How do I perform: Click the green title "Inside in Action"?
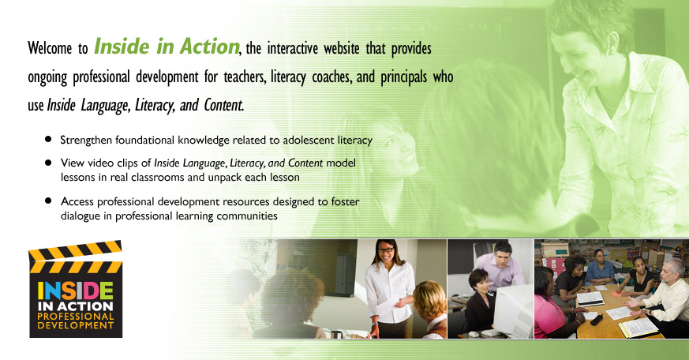167,47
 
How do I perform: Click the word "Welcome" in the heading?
50,48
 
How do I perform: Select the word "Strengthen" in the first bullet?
86,141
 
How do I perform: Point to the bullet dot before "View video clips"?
48,163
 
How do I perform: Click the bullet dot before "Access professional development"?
48,201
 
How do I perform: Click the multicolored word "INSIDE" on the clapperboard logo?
75,291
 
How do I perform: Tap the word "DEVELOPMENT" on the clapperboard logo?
76,326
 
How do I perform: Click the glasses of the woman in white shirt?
385,249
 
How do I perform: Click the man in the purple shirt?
500,265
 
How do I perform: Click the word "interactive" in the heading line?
292,48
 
